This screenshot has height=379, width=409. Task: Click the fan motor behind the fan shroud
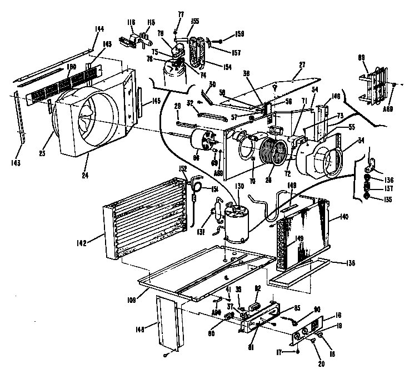click(x=204, y=143)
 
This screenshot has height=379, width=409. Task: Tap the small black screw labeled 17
click(x=298, y=351)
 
